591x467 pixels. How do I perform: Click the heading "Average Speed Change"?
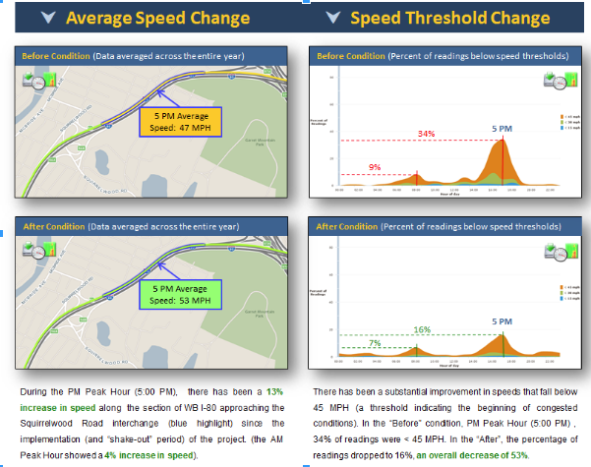click(162, 18)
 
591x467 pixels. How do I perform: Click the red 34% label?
click(427, 134)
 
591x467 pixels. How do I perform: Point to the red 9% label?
click(375, 167)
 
